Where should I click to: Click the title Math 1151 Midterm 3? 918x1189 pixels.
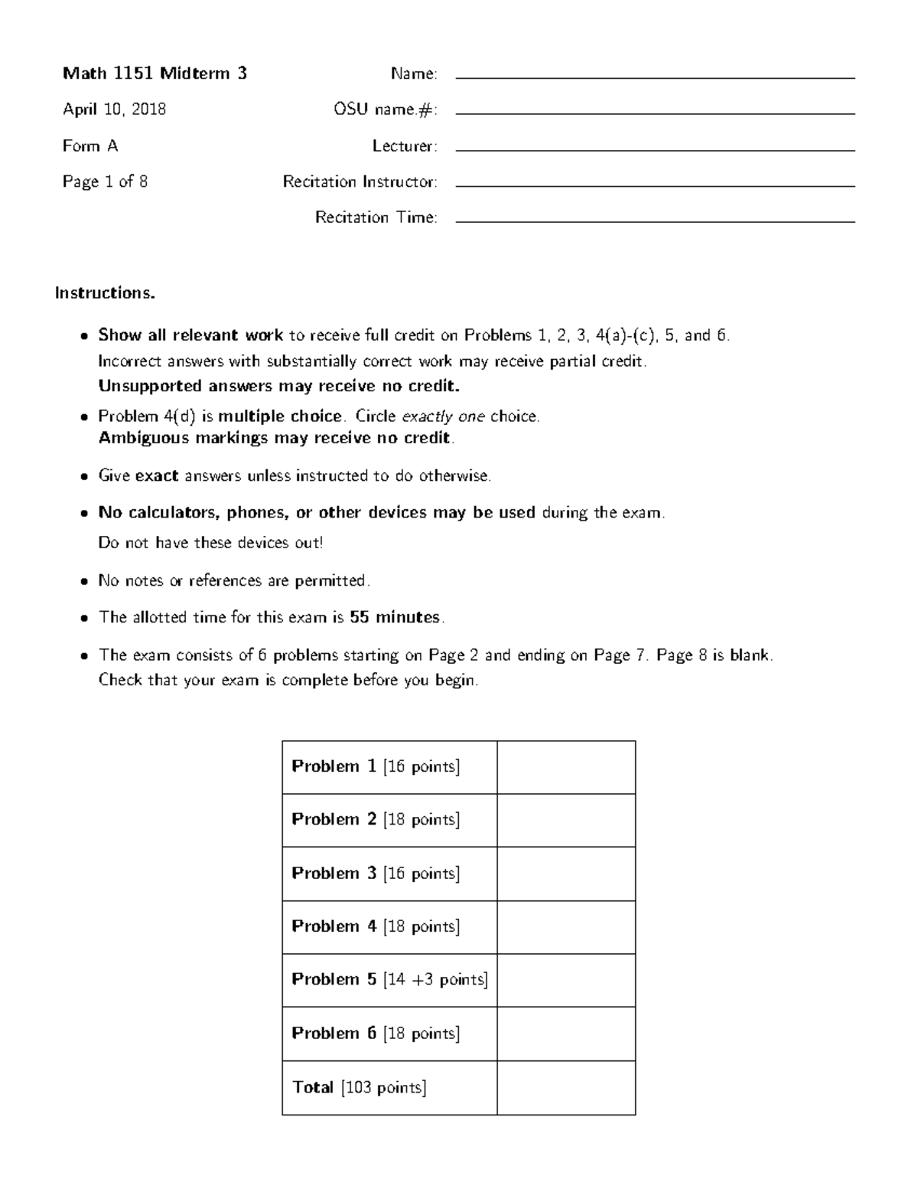[x=155, y=73]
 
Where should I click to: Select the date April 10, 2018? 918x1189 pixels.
[x=114, y=109]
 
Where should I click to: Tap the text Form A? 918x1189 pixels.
[x=90, y=145]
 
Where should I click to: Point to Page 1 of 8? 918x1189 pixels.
[x=105, y=181]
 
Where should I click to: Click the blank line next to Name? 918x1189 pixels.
[x=655, y=77]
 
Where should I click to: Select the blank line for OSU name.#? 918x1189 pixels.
[x=655, y=113]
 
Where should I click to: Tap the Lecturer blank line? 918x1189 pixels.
[x=655, y=149]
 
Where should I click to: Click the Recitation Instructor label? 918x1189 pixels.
[x=360, y=181]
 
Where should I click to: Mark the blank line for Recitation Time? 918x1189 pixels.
[x=655, y=220]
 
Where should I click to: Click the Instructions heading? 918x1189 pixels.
[x=105, y=293]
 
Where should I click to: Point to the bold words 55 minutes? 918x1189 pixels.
[x=395, y=617]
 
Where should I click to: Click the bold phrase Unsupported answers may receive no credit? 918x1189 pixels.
[x=278, y=386]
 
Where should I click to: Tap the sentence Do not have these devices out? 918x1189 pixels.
[x=210, y=543]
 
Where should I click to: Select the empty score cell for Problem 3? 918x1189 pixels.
[x=566, y=874]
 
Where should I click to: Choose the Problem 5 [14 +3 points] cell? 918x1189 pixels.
[x=389, y=980]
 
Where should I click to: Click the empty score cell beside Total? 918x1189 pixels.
[x=566, y=1087]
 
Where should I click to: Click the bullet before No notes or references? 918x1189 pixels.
[x=84, y=582]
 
